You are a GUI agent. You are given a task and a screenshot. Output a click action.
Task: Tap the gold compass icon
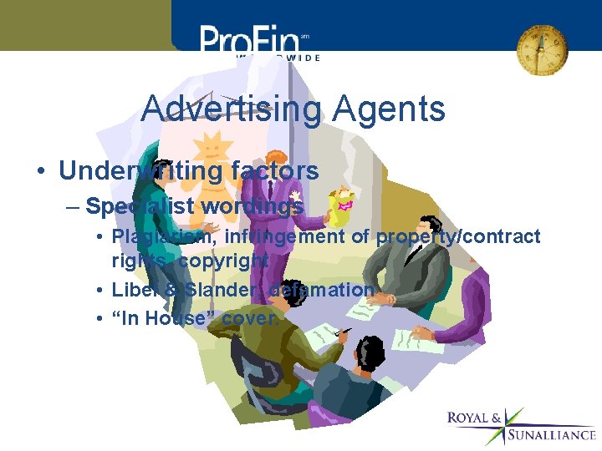click(541, 48)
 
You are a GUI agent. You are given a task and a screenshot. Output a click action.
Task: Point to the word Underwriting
click(140, 171)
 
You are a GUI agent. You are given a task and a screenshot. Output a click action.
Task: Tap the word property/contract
click(458, 237)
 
